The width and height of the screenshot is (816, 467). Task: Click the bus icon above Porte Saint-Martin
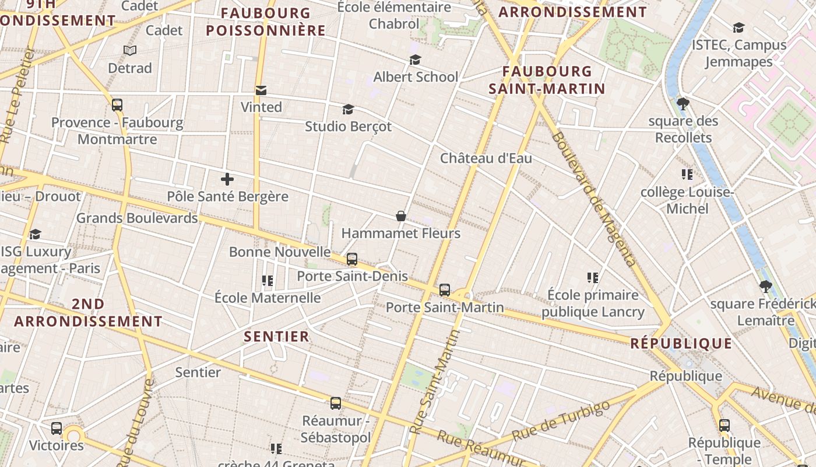pyautogui.click(x=445, y=290)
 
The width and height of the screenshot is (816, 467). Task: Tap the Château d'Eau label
pyautogui.click(x=486, y=158)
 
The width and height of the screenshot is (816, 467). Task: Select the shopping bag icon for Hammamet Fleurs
pyautogui.click(x=401, y=216)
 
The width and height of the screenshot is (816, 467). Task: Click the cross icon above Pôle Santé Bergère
pyautogui.click(x=227, y=179)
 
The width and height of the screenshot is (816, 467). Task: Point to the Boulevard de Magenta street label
pyautogui.click(x=593, y=198)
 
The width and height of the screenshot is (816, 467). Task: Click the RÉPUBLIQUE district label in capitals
pyautogui.click(x=681, y=344)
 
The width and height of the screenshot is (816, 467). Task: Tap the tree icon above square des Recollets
pyautogui.click(x=683, y=104)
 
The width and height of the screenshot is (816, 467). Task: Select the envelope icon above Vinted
pyautogui.click(x=261, y=90)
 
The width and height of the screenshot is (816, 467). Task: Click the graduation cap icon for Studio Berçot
pyautogui.click(x=348, y=110)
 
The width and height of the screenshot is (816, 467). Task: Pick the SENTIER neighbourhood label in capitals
pyautogui.click(x=276, y=337)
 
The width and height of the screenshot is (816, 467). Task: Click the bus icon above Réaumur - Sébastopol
pyautogui.click(x=336, y=403)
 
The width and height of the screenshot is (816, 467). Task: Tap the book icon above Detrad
pyautogui.click(x=130, y=51)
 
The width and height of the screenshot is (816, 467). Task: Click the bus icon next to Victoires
pyautogui.click(x=57, y=428)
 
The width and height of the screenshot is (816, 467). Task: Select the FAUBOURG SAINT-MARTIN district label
pyautogui.click(x=547, y=80)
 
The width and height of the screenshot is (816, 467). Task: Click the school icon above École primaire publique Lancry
pyautogui.click(x=593, y=278)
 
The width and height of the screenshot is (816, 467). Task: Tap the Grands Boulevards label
pyautogui.click(x=137, y=218)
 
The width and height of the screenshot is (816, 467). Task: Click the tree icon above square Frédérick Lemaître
pyautogui.click(x=766, y=287)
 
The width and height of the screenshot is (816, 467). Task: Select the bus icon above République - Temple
pyautogui.click(x=724, y=425)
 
